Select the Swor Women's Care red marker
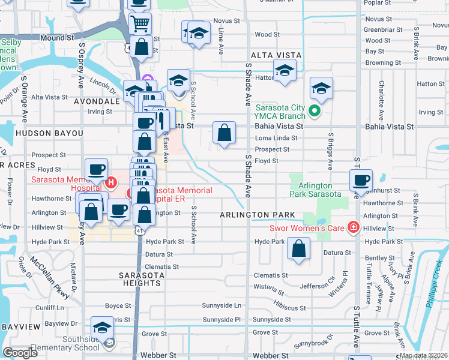pyautogui.click(x=354, y=227)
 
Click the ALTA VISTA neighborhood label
pyautogui.click(x=275, y=55)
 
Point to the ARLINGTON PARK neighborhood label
pyautogui.click(x=257, y=215)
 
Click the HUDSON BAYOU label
pyautogui.click(x=37, y=133)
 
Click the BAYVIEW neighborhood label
pyautogui.click(x=20, y=326)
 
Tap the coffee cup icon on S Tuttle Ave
pyautogui.click(x=361, y=180)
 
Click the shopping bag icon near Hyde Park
pyautogui.click(x=298, y=249)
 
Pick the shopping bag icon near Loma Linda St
pyautogui.click(x=224, y=134)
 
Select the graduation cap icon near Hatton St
pyautogui.click(x=285, y=70)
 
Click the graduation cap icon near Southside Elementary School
pyautogui.click(x=102, y=329)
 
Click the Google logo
pyautogui.click(x=20, y=353)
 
